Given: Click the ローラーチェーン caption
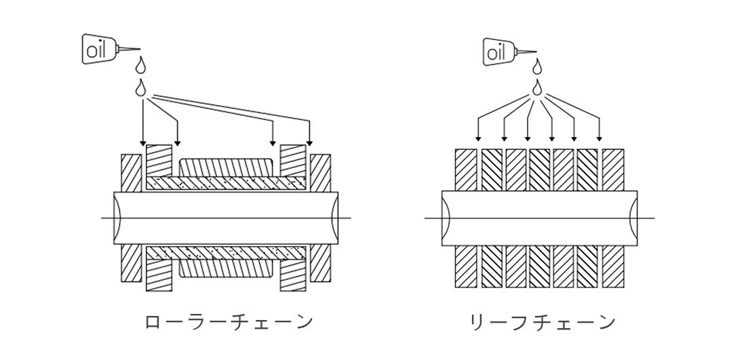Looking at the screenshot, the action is [x=229, y=322].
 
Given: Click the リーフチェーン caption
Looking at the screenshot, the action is [x=543, y=322].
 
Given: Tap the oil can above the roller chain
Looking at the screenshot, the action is [x=111, y=49].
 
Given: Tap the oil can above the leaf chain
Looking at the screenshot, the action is [x=509, y=52].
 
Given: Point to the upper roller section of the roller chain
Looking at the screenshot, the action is [x=227, y=167].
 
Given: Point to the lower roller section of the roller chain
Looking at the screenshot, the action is [x=227, y=268].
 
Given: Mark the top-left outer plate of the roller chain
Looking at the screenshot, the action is [x=132, y=173].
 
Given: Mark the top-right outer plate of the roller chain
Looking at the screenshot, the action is [x=320, y=173].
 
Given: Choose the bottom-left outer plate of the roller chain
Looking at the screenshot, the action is [x=132, y=264].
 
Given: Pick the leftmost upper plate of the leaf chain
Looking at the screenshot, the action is [x=466, y=169].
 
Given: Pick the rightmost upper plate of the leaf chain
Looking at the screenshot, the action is [x=613, y=169].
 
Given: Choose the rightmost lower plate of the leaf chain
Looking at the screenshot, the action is [x=613, y=266].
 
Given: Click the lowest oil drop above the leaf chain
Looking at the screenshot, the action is [x=538, y=87].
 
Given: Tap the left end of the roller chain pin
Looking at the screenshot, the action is [x=115, y=218].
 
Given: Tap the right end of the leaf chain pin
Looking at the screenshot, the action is [x=636, y=218].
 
